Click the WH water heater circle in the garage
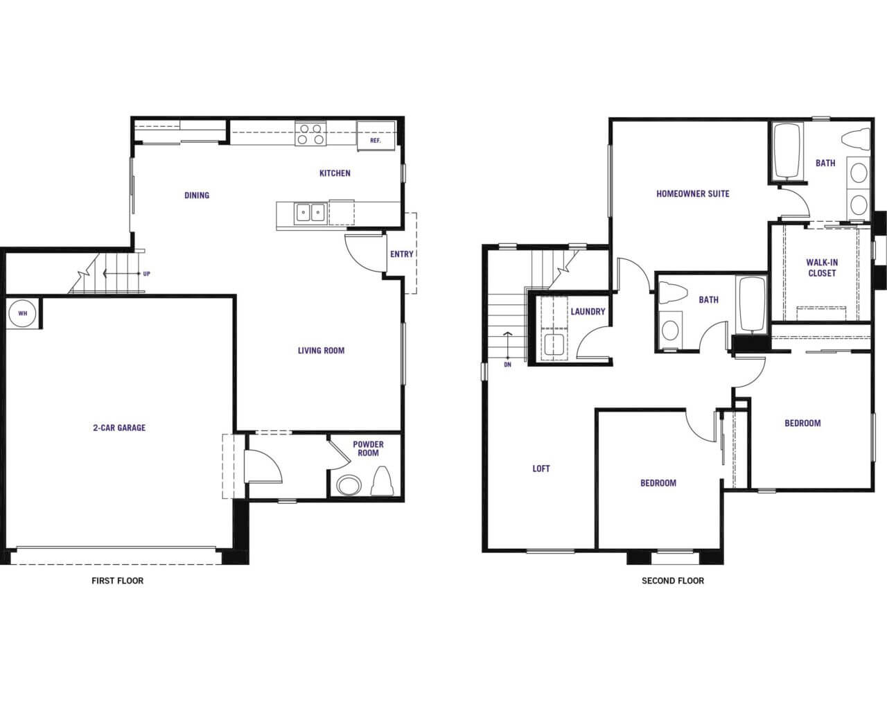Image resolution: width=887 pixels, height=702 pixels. coord(22,313)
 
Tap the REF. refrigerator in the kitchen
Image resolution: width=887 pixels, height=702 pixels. coord(376,136)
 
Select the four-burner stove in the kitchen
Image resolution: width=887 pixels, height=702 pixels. coord(310,134)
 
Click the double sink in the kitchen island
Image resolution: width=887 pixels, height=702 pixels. coord(310,213)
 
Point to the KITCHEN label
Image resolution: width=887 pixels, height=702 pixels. coord(335,173)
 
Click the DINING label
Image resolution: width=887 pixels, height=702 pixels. coord(197,195)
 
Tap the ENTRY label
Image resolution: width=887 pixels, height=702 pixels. coord(401,254)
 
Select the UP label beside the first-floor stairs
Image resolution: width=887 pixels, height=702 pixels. coord(146,274)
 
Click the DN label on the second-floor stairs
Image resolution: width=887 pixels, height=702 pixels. coord(507,365)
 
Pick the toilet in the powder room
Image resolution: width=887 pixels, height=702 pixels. coord(381,481)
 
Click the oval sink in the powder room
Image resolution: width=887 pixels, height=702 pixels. coord(349,485)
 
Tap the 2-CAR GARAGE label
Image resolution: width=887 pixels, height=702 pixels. coord(119,428)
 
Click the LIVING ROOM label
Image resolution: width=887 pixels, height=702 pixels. coord(321,351)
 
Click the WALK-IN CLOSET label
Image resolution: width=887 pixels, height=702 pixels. coord(822,268)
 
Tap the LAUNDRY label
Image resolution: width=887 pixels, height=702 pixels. coord(588,312)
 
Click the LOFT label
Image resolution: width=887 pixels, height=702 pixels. coord(541,468)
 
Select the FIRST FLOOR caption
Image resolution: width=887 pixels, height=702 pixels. coord(118,581)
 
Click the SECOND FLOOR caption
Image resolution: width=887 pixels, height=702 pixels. coord(673,581)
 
